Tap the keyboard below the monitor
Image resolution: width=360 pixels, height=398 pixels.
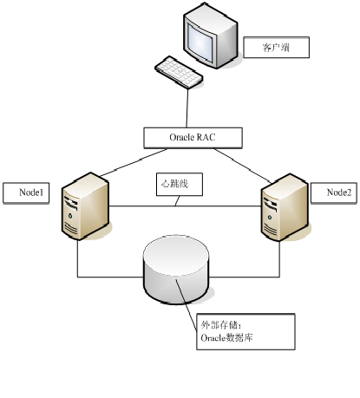(180, 73)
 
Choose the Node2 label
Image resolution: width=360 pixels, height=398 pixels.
(338, 192)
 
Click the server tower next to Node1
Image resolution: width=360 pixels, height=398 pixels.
(85, 205)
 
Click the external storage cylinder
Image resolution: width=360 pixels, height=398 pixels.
(176, 268)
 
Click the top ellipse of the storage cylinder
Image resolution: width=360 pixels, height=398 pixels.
(176, 245)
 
